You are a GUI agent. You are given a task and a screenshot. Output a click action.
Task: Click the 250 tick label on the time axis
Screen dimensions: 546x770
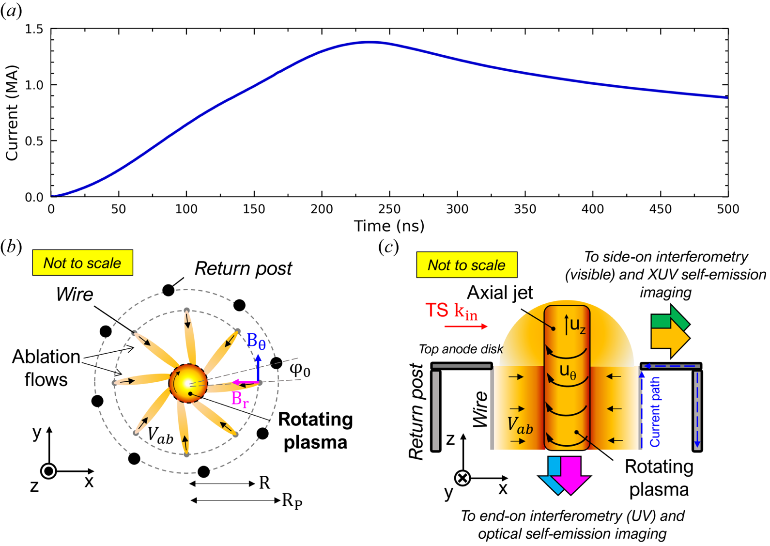pos(389,209)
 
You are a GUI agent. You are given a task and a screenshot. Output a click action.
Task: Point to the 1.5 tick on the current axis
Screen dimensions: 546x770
pos(34,30)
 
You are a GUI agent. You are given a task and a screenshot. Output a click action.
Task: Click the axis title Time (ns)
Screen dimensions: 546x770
pos(389,226)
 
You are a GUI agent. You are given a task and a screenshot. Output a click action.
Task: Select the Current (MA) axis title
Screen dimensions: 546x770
pos(12,112)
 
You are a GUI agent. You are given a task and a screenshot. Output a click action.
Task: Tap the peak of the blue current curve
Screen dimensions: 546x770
pos(370,42)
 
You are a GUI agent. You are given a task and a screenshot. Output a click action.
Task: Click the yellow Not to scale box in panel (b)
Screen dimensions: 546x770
pos(82,263)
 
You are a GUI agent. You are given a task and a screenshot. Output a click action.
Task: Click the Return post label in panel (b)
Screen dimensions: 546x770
pos(243,268)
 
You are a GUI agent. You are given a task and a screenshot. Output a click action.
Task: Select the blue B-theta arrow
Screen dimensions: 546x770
pos(258,368)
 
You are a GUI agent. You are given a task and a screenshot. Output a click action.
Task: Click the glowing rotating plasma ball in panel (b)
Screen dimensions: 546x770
pos(188,383)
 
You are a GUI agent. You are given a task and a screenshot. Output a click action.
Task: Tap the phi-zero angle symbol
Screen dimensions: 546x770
pos(300,370)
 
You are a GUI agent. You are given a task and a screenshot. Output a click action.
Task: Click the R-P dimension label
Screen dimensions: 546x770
pos(292,501)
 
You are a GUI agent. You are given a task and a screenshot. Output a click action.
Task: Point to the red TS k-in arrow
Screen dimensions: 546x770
pos(465,327)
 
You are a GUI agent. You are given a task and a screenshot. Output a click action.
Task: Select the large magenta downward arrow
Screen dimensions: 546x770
pos(571,475)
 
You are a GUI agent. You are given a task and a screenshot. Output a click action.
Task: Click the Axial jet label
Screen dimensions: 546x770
pos(500,293)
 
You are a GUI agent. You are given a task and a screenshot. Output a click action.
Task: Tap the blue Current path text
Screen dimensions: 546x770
pos(655,412)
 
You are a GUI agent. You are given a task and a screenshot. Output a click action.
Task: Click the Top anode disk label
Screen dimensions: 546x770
pos(461,349)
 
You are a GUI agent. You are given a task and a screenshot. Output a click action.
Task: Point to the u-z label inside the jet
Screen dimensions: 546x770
pos(577,325)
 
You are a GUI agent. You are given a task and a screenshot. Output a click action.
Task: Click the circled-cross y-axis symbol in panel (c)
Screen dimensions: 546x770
pos(463,478)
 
